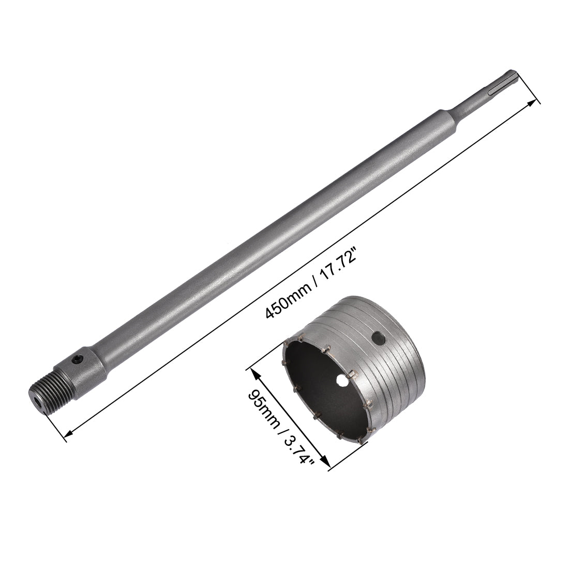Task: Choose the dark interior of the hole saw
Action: tap(316, 383)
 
